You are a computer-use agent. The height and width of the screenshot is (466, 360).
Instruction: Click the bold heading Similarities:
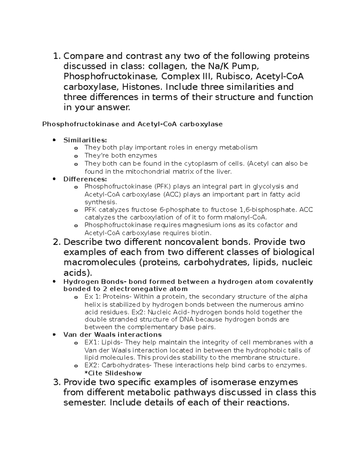[85, 140]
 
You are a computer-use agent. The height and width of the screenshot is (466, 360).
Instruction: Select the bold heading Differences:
[85, 179]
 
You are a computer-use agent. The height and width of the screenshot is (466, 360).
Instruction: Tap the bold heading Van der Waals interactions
[112, 335]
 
